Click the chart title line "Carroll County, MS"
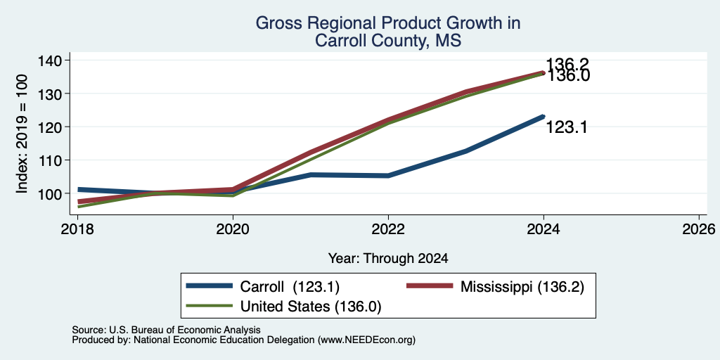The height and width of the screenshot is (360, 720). click(387, 41)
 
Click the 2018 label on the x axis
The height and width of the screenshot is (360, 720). click(77, 229)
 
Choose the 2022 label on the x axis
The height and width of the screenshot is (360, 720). click(388, 229)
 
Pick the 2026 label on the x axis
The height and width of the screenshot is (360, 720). click(700, 229)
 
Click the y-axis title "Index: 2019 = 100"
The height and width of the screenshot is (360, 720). click(22, 134)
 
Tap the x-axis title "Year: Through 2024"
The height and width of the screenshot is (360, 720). click(388, 259)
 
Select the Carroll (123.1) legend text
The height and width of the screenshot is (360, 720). click(290, 287)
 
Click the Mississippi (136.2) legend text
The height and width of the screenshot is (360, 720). click(522, 287)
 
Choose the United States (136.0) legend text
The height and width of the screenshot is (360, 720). click(311, 307)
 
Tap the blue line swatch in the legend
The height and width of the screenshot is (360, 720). click(209, 286)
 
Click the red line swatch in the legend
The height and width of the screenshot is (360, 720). click(430, 286)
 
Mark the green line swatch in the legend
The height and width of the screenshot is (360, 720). click(209, 305)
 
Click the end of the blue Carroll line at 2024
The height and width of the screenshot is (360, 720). click(544, 117)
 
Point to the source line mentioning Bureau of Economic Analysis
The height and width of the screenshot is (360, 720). click(166, 330)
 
